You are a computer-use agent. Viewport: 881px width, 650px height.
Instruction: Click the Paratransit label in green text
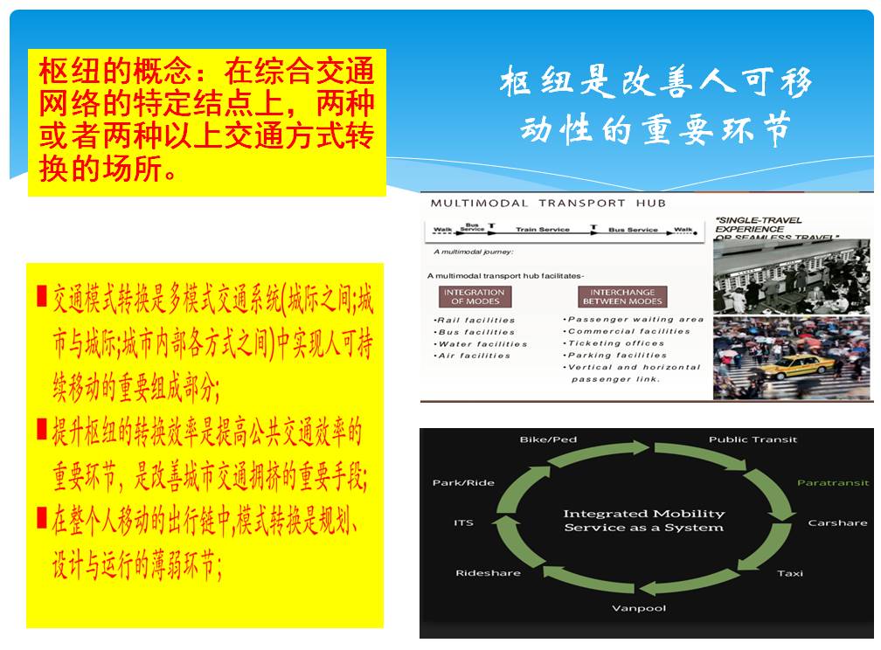coord(832,483)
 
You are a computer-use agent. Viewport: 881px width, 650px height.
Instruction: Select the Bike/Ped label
coord(548,439)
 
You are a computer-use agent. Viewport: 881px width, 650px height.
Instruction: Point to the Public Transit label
coord(753,439)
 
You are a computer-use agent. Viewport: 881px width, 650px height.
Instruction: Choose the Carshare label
coord(837,523)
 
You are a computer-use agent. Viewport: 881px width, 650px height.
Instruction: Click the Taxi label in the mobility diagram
coord(790,573)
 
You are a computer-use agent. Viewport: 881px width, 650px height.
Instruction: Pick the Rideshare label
coord(488,573)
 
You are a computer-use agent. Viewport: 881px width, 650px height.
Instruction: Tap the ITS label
coord(463,523)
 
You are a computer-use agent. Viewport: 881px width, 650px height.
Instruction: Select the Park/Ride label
coord(463,483)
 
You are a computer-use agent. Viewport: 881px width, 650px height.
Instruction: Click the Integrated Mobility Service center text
coord(643,521)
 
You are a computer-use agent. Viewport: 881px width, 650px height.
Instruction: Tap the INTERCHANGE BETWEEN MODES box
coord(621,296)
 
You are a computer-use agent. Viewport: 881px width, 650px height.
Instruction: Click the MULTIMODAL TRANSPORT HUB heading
coord(548,204)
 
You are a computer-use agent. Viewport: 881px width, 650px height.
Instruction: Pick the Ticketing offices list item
coord(615,343)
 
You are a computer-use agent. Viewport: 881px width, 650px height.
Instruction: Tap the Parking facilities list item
coord(617,356)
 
